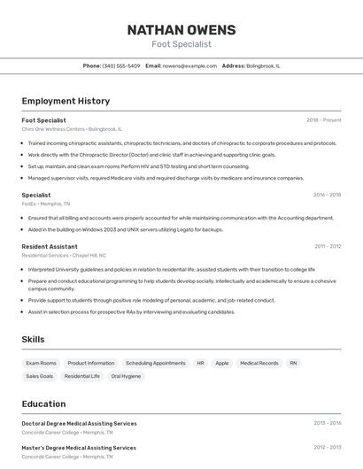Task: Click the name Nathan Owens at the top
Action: click(181, 29)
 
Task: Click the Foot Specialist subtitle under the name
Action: click(181, 43)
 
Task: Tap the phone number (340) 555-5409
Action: click(121, 65)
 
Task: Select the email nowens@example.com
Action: click(189, 65)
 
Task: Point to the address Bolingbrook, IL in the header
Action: click(263, 65)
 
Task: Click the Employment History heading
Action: click(66, 101)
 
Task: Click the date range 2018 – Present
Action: click(323, 119)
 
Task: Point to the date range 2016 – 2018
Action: click(327, 195)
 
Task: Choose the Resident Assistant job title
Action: click(50, 246)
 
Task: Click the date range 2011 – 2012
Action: click(328, 246)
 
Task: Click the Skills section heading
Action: click(33, 339)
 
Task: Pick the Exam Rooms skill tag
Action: click(41, 363)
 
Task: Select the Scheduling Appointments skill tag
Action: click(155, 363)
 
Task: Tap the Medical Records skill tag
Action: click(259, 363)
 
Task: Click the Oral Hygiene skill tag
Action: click(126, 376)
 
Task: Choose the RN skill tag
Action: click(293, 363)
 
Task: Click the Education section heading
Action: click(43, 404)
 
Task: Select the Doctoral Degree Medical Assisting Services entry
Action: click(79, 423)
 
